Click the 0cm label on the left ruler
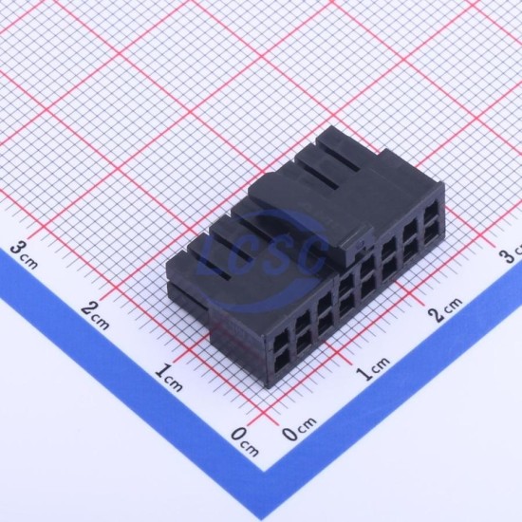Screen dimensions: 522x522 coord(245,441)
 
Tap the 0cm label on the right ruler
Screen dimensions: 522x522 coord(299,429)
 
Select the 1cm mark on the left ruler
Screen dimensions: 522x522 coord(169,378)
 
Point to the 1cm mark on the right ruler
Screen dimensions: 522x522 coord(372,368)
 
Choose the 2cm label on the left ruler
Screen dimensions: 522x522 coord(95,315)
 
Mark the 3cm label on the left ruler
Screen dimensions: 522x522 coord(24,255)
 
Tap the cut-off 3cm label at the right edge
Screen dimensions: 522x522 coord(511,253)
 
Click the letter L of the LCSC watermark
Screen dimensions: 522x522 coord(213,260)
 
